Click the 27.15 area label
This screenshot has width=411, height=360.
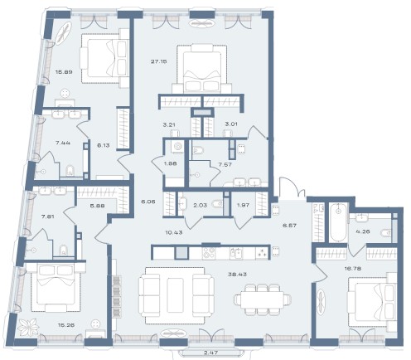159,61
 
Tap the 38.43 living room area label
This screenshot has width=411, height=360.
237,275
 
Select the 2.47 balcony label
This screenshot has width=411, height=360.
211,353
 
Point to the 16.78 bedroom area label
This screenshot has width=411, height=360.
353,268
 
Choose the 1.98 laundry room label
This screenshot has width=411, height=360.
170,163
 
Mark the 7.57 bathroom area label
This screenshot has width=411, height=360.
225,165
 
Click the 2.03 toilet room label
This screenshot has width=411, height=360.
200,205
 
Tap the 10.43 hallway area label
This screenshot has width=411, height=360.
174,232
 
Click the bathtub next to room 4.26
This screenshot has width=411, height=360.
338,222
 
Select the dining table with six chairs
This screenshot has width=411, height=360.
262,299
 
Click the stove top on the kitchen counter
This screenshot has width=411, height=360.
209,253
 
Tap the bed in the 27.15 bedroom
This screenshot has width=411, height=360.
201,68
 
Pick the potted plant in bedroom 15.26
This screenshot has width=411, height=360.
27,328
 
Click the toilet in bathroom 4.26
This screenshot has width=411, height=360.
386,233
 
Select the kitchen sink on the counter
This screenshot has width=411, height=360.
237,253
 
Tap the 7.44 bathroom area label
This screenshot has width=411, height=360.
63,143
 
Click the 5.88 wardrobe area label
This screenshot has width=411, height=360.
97,206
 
